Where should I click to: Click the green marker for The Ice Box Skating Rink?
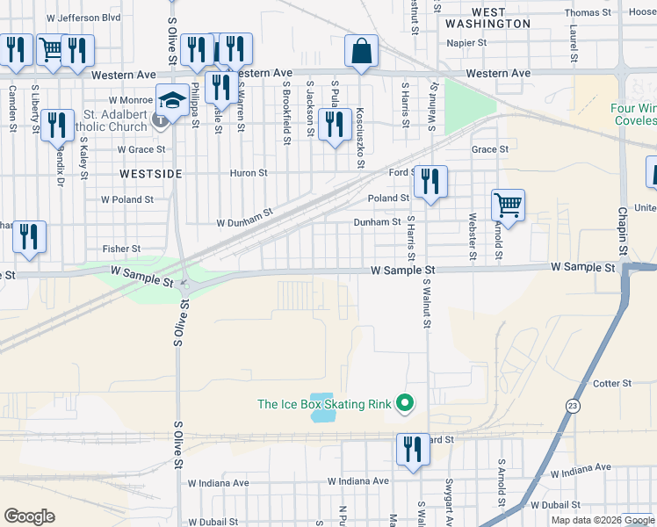404,404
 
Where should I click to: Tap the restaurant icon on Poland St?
430,183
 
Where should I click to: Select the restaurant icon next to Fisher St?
29,238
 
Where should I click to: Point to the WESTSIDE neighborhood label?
151,175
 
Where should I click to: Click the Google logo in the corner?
29,516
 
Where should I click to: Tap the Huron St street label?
249,173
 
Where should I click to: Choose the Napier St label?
466,42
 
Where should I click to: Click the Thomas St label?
588,12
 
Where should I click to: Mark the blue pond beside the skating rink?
322,407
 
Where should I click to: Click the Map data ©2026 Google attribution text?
602,520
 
